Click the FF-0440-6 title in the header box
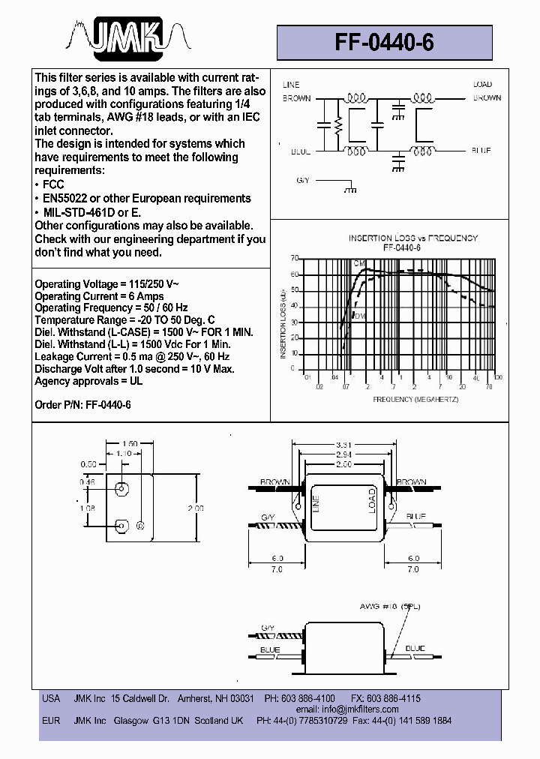click(385, 43)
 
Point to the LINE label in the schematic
click(290, 85)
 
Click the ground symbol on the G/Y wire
click(349, 192)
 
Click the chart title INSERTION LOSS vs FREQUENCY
click(412, 238)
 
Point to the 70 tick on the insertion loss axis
click(295, 257)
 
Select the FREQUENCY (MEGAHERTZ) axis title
click(415, 400)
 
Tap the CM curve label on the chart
click(359, 265)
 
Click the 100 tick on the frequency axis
click(498, 377)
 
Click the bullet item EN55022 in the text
click(147, 198)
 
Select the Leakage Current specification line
click(132, 356)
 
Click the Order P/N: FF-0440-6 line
click(82, 404)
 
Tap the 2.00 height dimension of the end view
click(195, 508)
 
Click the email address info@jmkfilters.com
click(347, 709)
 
